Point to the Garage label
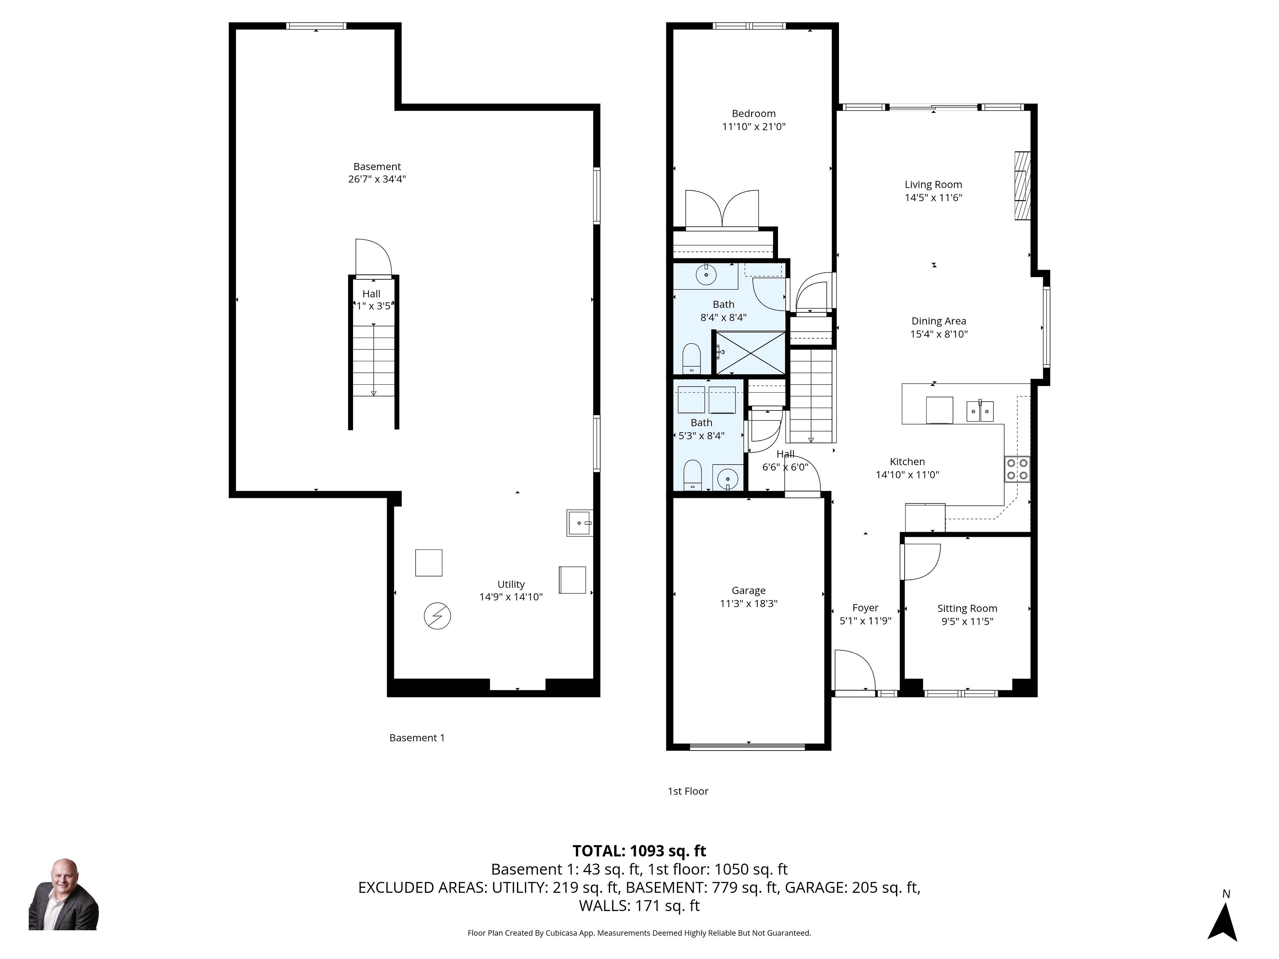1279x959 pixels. click(748, 590)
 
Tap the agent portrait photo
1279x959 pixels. click(64, 894)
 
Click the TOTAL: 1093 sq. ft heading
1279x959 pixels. click(639, 851)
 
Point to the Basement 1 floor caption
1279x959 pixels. click(417, 738)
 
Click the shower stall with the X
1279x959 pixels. click(750, 353)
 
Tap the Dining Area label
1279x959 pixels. click(939, 321)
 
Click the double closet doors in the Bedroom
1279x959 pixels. click(722, 209)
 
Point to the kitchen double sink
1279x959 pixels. click(980, 411)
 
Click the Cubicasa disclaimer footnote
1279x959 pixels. click(639, 932)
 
